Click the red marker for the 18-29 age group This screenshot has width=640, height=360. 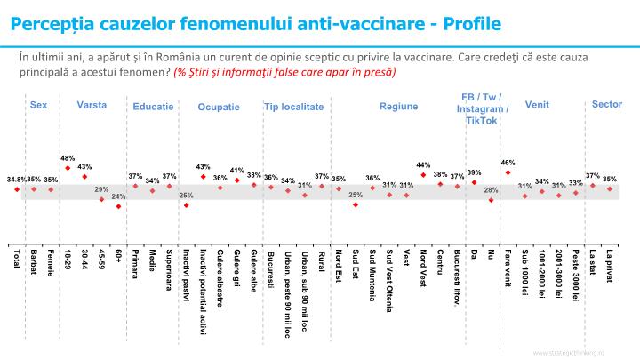click(68, 168)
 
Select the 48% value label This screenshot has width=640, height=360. click(68, 158)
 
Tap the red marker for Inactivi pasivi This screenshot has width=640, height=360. click(187, 204)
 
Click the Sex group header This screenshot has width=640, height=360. click(38, 105)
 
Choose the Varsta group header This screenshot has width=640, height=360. click(92, 105)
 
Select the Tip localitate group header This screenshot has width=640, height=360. click(293, 107)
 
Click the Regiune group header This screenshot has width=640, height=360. click(398, 107)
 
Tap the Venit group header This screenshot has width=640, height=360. click(537, 105)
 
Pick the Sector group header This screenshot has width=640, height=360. click(606, 104)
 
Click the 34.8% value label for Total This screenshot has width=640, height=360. click(15, 180)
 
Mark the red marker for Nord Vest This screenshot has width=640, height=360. click(424, 174)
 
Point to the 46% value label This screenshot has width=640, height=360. click(508, 163)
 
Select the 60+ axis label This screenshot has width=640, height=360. click(119, 259)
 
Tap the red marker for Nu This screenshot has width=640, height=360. click(491, 200)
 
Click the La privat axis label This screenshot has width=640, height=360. click(610, 267)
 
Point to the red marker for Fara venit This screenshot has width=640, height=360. click(508, 172)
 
